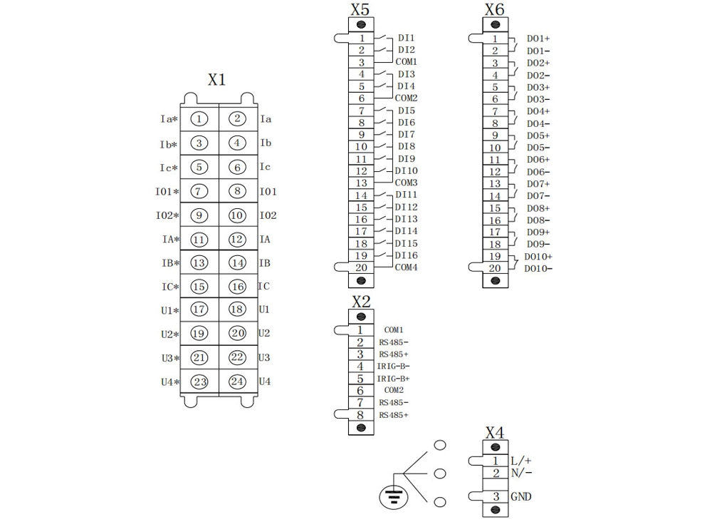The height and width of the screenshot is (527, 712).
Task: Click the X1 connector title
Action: [x=216, y=80]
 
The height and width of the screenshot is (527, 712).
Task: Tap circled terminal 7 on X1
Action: [x=200, y=191]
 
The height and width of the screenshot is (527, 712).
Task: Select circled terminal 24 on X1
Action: [x=237, y=382]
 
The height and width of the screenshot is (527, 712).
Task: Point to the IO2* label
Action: [x=167, y=215]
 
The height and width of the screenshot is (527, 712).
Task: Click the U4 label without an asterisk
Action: [x=265, y=382]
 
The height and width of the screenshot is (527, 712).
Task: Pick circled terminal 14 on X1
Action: [x=237, y=262]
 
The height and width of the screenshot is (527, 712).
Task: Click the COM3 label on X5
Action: [x=406, y=183]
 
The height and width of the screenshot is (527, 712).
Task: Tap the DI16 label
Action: [x=406, y=255]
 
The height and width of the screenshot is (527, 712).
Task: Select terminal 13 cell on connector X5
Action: [x=361, y=183]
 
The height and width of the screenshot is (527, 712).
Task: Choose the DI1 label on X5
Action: [x=406, y=38]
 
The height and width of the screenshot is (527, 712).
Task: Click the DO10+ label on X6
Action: [x=539, y=257]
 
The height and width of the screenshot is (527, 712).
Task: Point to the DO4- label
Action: [x=538, y=123]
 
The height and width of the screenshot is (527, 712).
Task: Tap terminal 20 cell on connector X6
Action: [x=495, y=268]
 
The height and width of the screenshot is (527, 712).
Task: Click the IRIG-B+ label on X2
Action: [x=394, y=379]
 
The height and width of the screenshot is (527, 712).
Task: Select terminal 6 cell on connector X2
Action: [x=361, y=391]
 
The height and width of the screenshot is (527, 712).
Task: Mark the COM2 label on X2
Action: [x=394, y=390]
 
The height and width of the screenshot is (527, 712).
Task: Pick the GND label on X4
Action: [x=521, y=496]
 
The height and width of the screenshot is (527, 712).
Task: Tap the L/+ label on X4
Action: [x=521, y=461]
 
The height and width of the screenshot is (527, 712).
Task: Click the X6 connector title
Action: [x=494, y=9]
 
